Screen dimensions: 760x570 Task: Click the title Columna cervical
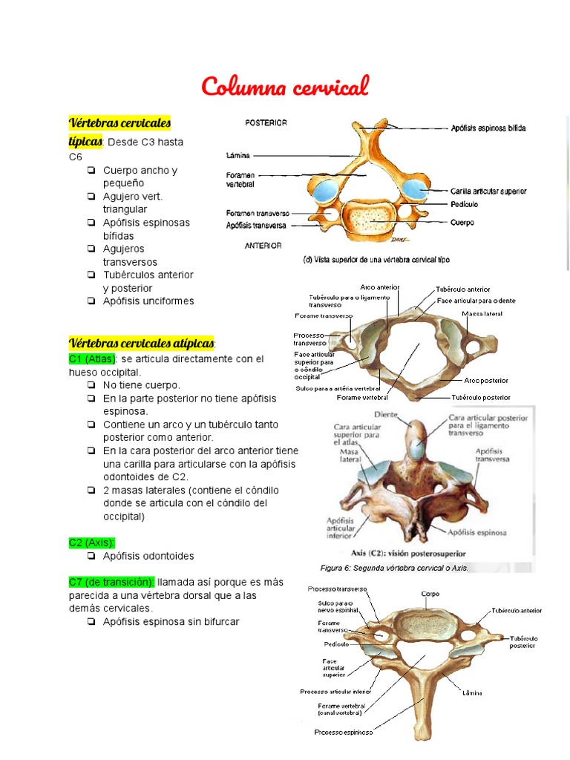[x=284, y=87]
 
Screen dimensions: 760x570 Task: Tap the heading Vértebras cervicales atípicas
[x=141, y=344]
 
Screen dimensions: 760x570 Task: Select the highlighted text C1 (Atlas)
[x=92, y=359]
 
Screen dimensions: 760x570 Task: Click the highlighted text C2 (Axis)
[x=92, y=543]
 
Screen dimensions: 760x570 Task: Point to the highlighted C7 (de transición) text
[x=111, y=582]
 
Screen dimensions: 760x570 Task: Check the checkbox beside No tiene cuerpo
[x=91, y=386]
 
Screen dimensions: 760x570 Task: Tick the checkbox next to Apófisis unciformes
[x=91, y=301]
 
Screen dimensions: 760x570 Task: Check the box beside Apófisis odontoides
[x=91, y=556]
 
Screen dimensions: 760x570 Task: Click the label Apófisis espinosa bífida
[x=488, y=128]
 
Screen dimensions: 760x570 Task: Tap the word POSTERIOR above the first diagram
[x=266, y=122]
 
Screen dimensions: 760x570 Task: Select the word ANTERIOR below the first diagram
[x=263, y=245]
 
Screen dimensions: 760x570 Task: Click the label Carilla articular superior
[x=488, y=191]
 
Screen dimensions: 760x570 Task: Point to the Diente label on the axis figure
[x=386, y=415]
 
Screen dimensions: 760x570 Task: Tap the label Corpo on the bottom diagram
[x=430, y=594]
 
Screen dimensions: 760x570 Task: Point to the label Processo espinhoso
[x=343, y=732]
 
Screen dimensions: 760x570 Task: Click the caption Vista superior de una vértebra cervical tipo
[x=376, y=260]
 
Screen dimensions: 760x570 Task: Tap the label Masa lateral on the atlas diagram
[x=482, y=314]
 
